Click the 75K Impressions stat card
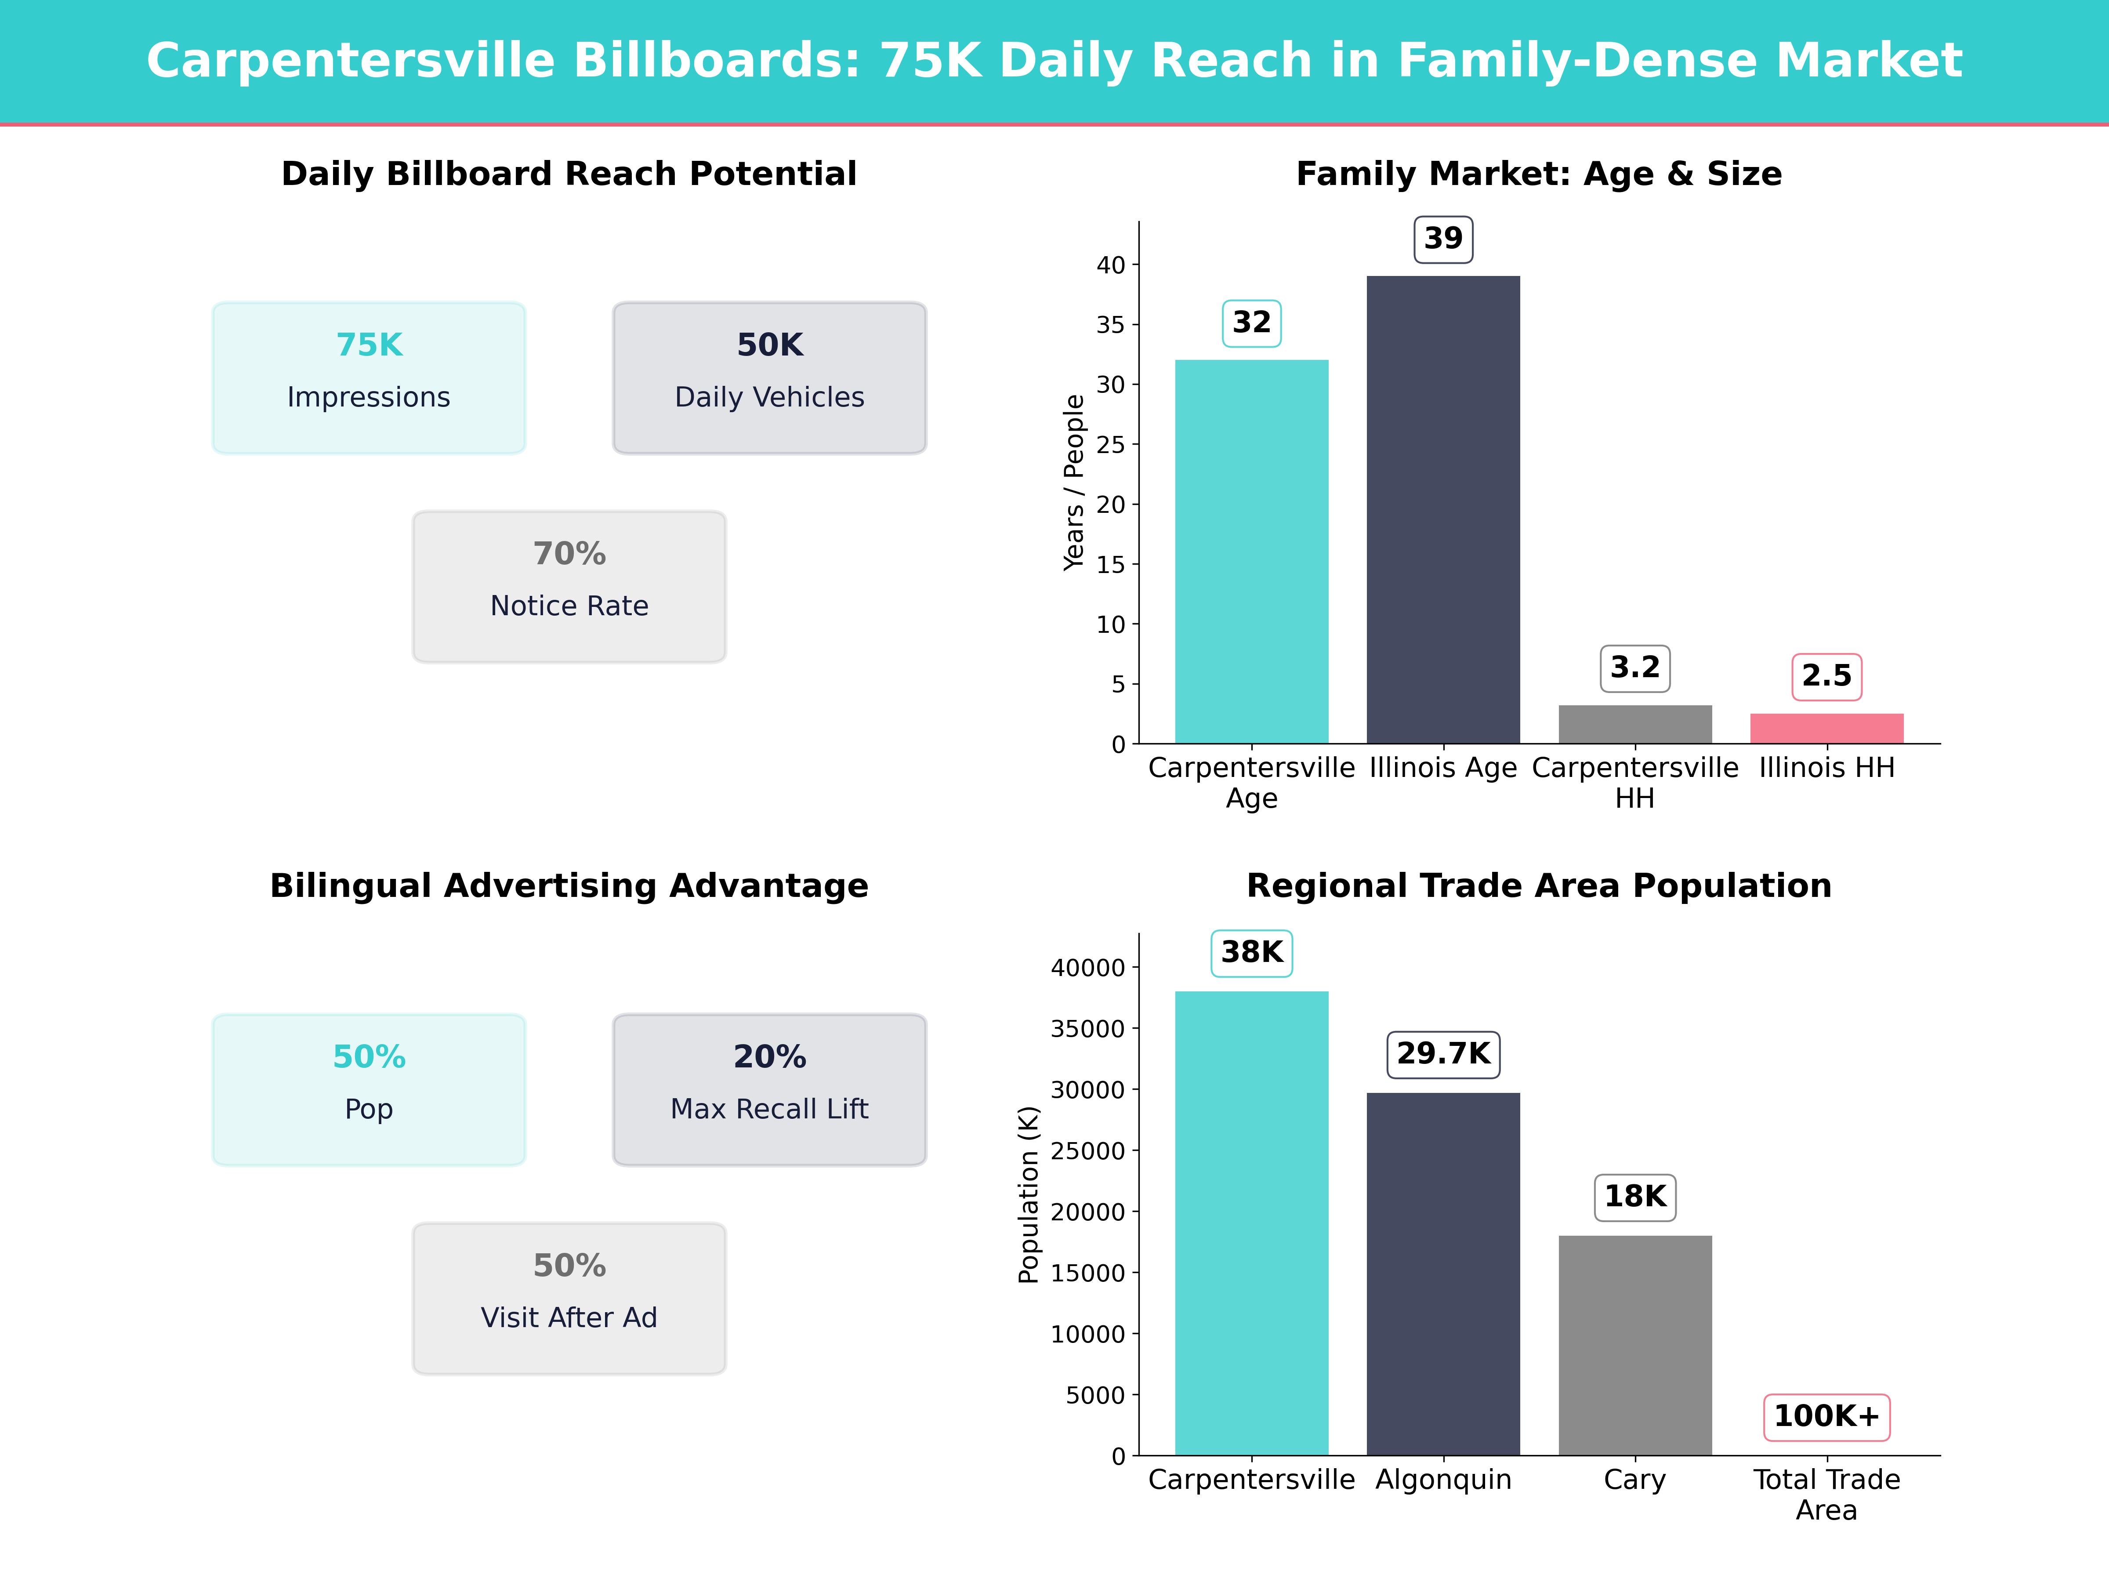click(369, 377)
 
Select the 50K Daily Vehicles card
click(769, 377)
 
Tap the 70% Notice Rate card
click(569, 587)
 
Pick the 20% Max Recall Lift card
click(769, 1089)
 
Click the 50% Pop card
click(369, 1089)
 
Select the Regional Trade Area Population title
click(1539, 886)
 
